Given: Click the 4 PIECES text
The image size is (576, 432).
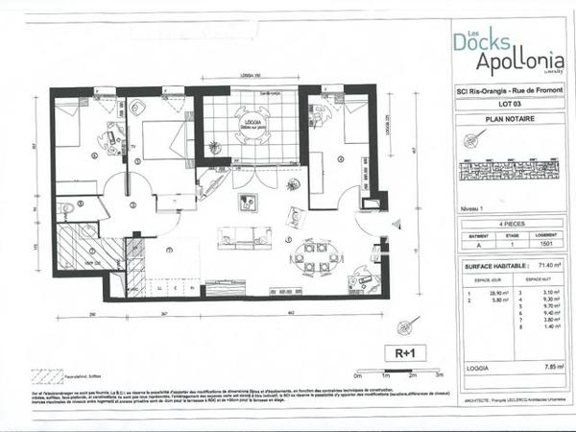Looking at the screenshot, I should click(x=510, y=221).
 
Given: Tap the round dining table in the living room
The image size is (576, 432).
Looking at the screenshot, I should click(x=315, y=257).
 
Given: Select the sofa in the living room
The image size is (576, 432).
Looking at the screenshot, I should click(x=237, y=237).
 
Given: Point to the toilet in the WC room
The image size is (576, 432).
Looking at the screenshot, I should click(x=67, y=207).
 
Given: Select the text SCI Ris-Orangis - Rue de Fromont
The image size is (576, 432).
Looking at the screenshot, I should click(x=510, y=91).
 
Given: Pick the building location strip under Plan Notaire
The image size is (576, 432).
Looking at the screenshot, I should click(x=510, y=172).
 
